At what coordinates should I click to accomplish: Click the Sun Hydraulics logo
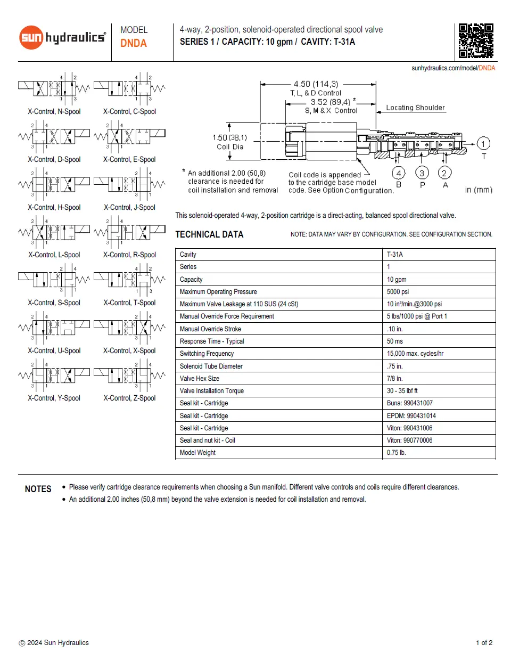(62, 37)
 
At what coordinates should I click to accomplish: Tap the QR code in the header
(476, 40)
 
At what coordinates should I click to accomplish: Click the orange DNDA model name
(134, 43)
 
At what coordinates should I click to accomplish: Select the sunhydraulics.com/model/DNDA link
(453, 68)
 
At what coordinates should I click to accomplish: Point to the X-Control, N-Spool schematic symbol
(54, 87)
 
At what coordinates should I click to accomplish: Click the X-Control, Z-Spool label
(129, 398)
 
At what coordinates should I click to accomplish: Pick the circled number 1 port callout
(483, 143)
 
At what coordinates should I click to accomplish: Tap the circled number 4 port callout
(398, 173)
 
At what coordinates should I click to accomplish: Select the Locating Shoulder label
(415, 108)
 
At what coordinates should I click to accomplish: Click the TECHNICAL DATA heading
(209, 234)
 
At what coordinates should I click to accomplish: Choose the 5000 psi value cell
(398, 292)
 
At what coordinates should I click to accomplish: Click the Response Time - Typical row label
(212, 341)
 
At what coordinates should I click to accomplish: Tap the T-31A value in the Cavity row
(395, 255)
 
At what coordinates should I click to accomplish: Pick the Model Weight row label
(197, 453)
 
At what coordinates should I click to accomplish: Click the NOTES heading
(38, 489)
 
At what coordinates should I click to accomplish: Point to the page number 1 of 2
(484, 643)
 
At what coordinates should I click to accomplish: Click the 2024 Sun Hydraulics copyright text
(54, 643)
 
